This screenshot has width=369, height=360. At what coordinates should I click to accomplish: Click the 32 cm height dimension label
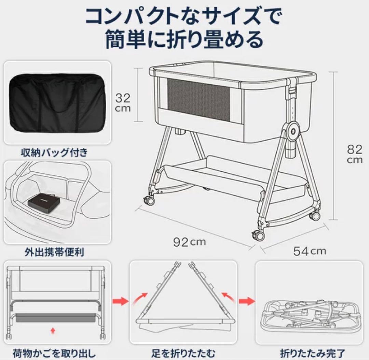(122, 103)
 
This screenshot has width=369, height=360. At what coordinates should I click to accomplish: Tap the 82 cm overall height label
(354, 154)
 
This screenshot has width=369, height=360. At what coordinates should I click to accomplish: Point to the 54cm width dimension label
(310, 251)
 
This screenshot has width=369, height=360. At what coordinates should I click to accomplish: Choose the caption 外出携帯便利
(54, 252)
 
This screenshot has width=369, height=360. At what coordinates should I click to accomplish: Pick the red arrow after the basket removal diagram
(120, 301)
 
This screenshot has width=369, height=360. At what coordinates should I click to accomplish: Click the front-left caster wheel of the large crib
(150, 200)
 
